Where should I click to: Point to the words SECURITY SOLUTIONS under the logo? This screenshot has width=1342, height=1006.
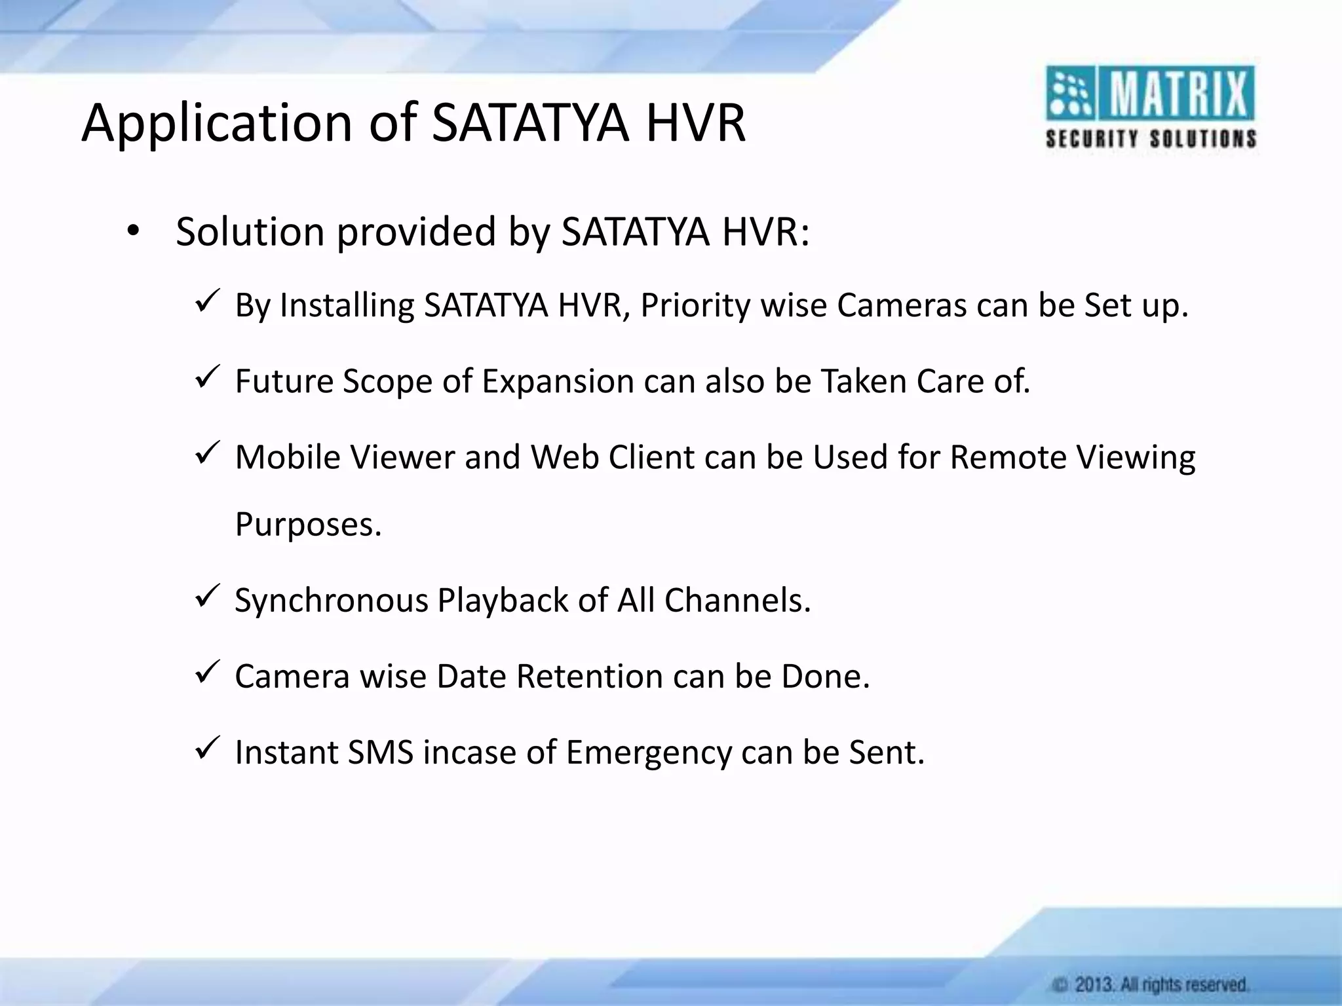pos(1151,139)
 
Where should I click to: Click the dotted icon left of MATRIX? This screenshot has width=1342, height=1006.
pos(1069,94)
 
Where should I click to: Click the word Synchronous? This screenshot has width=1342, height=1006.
pos(331,601)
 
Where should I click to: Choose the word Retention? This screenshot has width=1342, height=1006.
pos(589,677)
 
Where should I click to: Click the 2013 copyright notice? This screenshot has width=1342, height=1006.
pos(1151,984)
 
